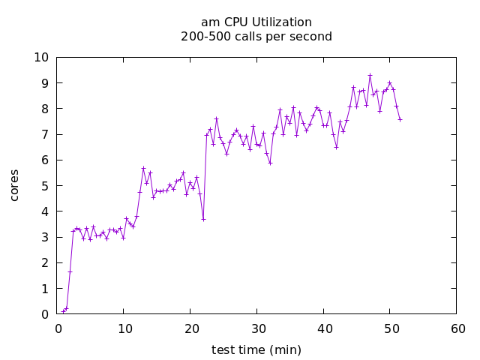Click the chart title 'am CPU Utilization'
click(256, 22)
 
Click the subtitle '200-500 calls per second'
click(256, 36)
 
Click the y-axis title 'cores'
click(14, 185)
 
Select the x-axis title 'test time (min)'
click(256, 349)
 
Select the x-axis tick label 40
click(323, 328)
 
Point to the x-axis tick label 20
click(190, 328)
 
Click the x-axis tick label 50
click(390, 328)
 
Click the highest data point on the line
click(370, 75)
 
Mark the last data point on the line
click(400, 119)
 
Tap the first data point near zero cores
click(63, 312)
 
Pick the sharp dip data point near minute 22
click(203, 219)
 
